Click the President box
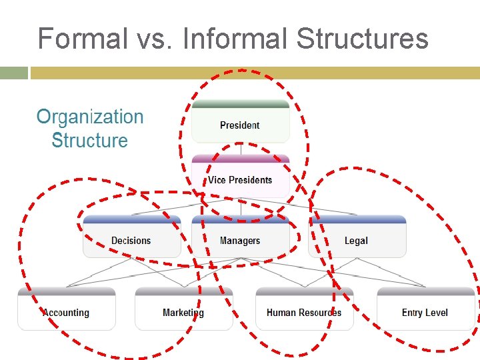click(x=240, y=125)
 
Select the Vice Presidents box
click(x=240, y=179)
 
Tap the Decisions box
click(x=131, y=240)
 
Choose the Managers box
click(x=240, y=240)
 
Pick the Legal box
click(x=357, y=240)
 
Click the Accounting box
click(x=66, y=312)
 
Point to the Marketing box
click(x=183, y=312)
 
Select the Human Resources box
click(x=304, y=312)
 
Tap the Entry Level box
click(x=425, y=312)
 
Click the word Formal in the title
click(x=82, y=39)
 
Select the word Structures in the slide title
click(x=362, y=39)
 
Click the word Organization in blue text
click(x=90, y=117)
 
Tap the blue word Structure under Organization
click(x=89, y=141)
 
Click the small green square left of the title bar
click(x=14, y=73)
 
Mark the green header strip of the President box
click(x=241, y=104)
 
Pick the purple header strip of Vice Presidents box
click(x=241, y=159)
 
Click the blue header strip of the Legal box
click(x=357, y=219)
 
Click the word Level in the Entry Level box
click(x=437, y=312)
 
